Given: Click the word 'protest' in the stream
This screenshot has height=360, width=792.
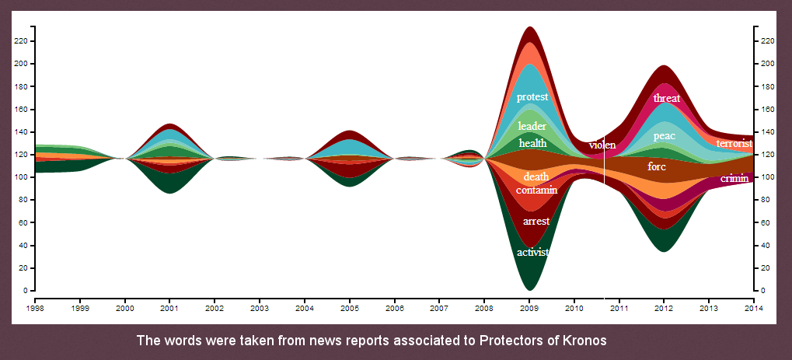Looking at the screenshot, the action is coord(532,97).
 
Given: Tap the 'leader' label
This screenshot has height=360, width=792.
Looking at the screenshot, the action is coord(532,126).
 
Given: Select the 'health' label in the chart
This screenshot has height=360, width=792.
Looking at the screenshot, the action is coord(532,144).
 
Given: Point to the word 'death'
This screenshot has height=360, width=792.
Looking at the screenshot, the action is coord(536,177).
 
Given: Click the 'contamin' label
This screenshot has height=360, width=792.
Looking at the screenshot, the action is coord(536,190).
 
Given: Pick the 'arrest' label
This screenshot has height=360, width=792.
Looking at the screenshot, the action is coord(536,221).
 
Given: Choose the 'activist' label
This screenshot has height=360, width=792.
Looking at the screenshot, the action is coord(533,252).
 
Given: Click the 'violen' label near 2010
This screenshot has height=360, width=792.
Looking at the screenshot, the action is coord(602,145).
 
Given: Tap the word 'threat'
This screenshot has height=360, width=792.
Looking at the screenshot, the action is coord(667,98).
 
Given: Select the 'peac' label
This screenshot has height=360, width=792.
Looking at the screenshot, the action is coord(665,136).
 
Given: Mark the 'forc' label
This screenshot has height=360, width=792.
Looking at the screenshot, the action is coord(657,166).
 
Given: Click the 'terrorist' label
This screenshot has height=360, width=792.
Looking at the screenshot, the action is coord(734,144).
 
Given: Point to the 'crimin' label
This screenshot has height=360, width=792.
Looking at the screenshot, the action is coord(734,179).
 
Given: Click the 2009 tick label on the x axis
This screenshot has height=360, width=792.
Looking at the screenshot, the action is coord(529,307).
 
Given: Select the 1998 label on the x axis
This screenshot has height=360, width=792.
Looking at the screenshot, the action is coord(35,307).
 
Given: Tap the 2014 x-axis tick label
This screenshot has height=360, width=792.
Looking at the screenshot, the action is coord(754,307).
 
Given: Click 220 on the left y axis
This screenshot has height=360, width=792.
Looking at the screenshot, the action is coord(23,41).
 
